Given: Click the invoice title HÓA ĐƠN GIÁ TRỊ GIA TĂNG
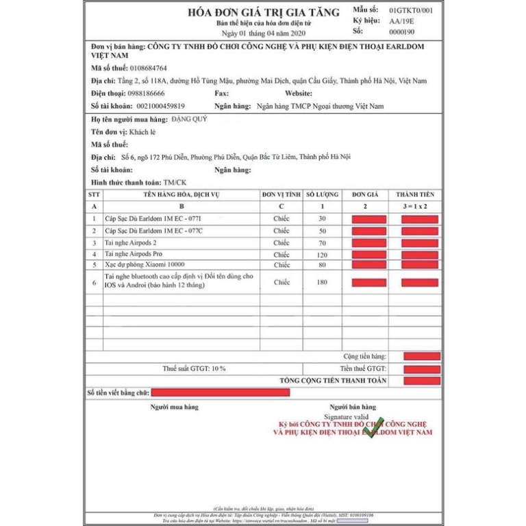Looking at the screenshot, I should tap(264, 12).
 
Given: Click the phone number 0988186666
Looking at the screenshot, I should tap(146, 93).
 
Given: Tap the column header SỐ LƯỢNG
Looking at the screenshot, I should tap(322, 195).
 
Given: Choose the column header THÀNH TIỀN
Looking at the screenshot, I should tap(415, 195).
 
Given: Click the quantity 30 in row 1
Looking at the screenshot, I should tap(322, 219).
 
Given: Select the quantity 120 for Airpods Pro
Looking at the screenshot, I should tap(322, 254).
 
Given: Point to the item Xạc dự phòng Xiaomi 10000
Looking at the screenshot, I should tap(145, 264).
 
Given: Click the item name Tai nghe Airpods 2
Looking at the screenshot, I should tap(130, 242).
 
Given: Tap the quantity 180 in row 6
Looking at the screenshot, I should tap(322, 282).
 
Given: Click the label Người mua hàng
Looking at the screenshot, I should tap(174, 407).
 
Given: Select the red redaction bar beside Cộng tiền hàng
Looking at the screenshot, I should tap(422, 357).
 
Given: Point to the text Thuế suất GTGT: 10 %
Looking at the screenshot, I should tap(194, 368).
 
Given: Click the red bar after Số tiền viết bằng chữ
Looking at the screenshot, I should tap(220, 393).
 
